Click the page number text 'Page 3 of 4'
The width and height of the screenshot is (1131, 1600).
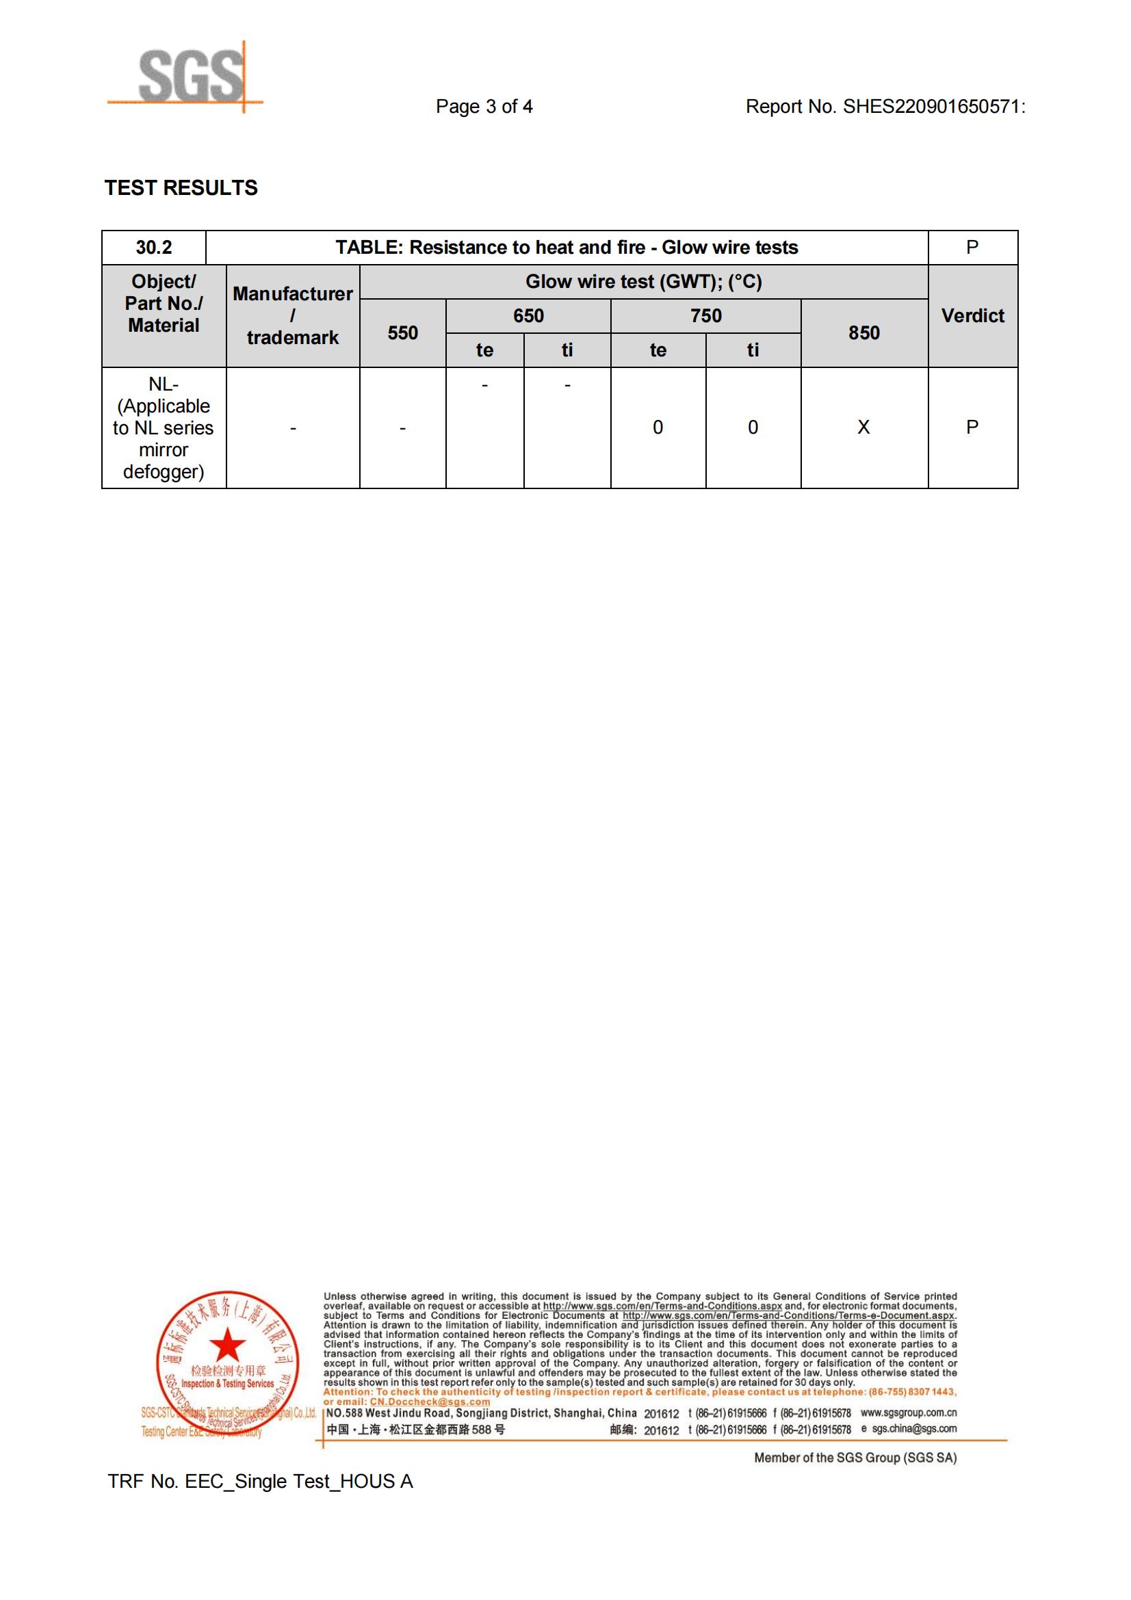484,107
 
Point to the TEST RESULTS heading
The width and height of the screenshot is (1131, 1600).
181,188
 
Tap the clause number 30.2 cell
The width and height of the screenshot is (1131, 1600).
153,248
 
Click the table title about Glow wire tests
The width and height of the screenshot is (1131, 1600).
567,248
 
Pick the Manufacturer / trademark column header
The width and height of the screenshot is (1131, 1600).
293,315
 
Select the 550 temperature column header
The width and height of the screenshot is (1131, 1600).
403,333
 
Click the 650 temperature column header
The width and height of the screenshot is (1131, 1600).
528,315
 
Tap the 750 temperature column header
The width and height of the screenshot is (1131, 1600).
706,315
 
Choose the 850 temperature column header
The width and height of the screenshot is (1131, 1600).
864,333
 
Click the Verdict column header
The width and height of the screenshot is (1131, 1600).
973,315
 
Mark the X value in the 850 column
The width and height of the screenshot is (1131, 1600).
864,427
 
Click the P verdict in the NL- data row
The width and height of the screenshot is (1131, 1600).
973,427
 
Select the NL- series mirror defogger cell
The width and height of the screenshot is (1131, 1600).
164,428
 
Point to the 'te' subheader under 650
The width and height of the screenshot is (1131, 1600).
484,350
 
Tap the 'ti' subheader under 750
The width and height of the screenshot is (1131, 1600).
753,350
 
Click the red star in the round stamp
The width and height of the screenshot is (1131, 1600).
227,1344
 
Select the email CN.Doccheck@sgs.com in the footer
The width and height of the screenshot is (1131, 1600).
429,1402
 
